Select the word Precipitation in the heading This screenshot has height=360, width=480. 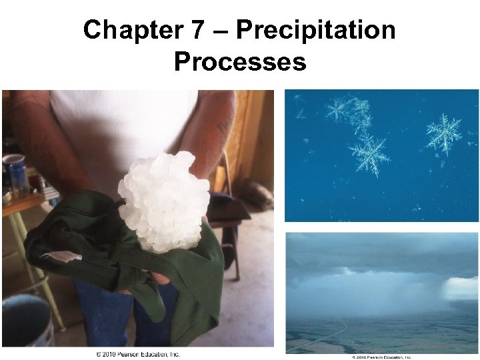point(316,31)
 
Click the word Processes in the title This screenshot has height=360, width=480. point(240,62)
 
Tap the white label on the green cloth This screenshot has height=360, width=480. point(61,255)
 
